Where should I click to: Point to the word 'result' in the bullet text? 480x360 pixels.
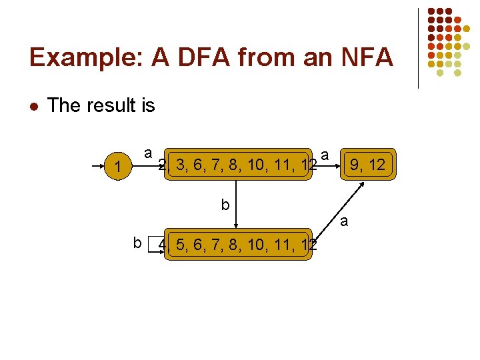pyautogui.click(x=107, y=105)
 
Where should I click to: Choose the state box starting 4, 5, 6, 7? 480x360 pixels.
pyautogui.click(x=237, y=246)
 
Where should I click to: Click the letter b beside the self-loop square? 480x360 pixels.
pyautogui.click(x=137, y=243)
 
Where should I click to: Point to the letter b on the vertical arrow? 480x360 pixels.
pyautogui.click(x=225, y=205)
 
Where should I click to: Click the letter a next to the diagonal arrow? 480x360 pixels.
pyautogui.click(x=344, y=221)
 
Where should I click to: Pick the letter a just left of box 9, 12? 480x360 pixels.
pyautogui.click(x=325, y=155)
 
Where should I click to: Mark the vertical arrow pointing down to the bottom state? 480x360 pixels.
pyautogui.click(x=242, y=203)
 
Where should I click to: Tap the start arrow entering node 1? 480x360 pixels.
pyautogui.click(x=99, y=163)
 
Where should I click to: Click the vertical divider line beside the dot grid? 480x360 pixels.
pyautogui.click(x=418, y=48)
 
